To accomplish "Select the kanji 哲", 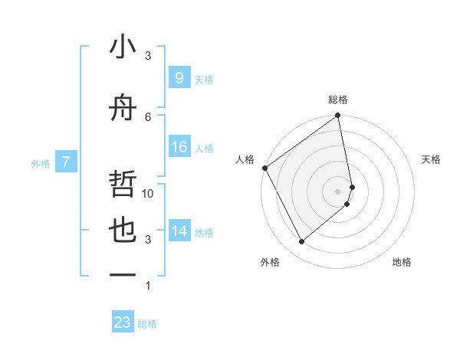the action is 123,185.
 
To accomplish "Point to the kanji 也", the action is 123,231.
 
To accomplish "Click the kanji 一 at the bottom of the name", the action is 123,274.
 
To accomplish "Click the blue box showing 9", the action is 179,77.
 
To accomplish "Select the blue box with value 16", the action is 179,147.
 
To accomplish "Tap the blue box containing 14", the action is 179,231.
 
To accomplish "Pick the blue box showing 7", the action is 67,162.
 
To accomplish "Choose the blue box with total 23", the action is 123,322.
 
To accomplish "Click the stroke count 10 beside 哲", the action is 148,194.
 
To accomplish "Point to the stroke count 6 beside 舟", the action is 148,116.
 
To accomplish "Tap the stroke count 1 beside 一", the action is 148,286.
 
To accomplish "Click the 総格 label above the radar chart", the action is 338,100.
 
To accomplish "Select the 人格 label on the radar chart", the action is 245,159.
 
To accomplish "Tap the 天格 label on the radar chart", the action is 431,159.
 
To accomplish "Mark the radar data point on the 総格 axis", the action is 337,116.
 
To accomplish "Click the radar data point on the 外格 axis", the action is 301,241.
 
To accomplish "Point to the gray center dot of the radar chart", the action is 338,191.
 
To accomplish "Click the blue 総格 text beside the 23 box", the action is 147,324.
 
